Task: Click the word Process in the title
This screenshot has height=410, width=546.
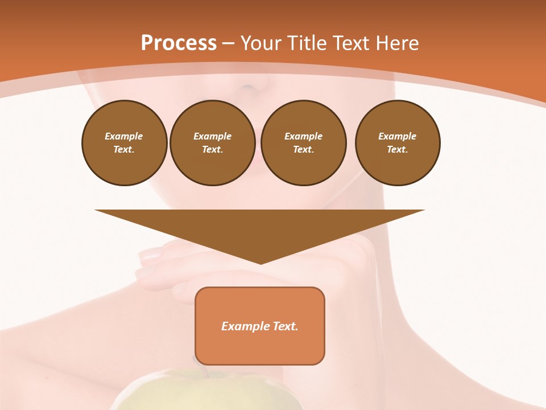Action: coord(179,43)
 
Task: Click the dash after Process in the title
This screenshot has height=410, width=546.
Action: coord(228,44)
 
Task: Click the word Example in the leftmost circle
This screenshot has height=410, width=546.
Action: coord(124,136)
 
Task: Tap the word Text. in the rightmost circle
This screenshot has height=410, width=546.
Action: coord(397,149)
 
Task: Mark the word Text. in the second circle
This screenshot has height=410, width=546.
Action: coord(212,149)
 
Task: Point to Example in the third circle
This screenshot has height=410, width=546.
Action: coord(303,136)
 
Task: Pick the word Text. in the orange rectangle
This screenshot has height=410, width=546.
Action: coord(285,326)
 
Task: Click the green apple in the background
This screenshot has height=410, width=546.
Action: coord(205,393)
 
